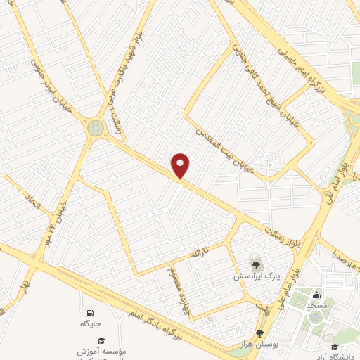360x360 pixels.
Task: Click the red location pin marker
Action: tap(181, 165)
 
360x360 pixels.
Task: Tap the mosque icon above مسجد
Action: tap(316, 295)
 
